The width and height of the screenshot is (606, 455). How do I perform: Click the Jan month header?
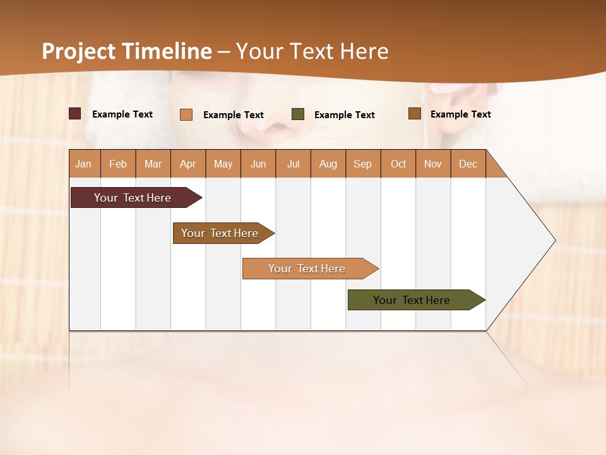(84, 164)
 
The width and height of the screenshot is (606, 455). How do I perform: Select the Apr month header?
(188, 164)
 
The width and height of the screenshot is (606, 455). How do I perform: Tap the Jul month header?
(293, 164)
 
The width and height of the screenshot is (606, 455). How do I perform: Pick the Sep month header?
(362, 164)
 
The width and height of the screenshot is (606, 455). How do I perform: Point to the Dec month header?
(468, 164)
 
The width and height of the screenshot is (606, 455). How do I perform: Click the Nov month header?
(432, 164)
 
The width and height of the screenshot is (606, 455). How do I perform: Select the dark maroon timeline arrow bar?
(133, 198)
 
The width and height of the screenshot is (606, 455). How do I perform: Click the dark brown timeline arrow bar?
(220, 233)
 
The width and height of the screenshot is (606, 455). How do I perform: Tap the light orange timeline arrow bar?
(307, 269)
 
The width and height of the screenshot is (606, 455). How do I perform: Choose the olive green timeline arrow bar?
(412, 300)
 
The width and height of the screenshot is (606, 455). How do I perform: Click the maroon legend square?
(74, 114)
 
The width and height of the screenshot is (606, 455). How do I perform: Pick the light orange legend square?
(186, 114)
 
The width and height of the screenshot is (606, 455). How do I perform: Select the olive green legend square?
(298, 114)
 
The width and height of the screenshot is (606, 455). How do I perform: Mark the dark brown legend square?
(414, 114)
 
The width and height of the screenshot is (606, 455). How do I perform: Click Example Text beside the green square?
(344, 115)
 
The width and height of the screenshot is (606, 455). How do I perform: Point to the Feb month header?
(118, 164)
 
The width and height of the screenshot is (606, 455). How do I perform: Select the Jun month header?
(258, 164)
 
